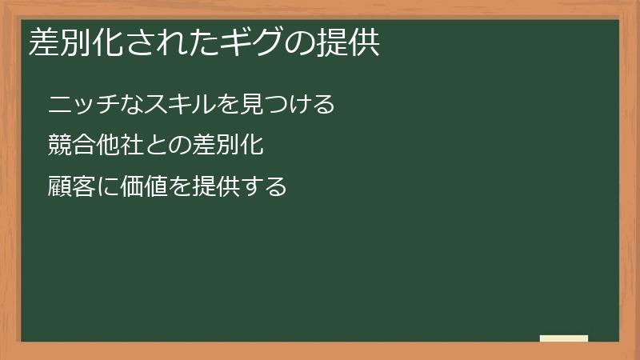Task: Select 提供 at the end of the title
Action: [x=350, y=43]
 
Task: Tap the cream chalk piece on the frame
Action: [x=564, y=338]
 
